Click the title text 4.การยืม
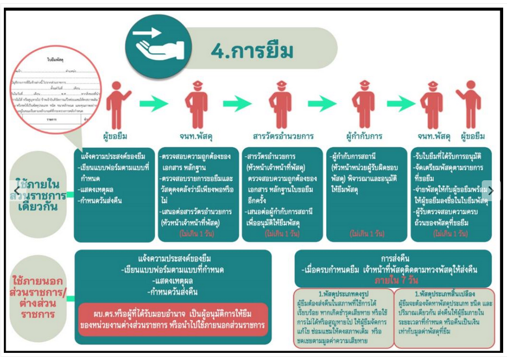click(252, 51)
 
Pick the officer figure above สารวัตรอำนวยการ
click(280, 104)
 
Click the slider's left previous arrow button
click(16, 191)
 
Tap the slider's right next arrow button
click(491, 191)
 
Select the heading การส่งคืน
click(393, 258)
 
